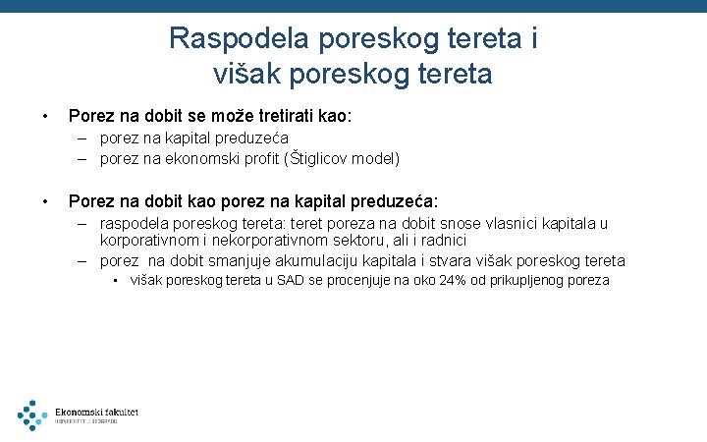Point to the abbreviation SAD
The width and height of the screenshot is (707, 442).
pos(280,280)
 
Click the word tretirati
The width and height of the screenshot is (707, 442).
pos(274,116)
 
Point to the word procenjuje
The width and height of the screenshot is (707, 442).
pos(344,280)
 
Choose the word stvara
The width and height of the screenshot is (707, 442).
pos(428,260)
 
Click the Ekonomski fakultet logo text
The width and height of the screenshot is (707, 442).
pos(96,412)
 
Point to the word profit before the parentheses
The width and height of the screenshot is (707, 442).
pos(244,157)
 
